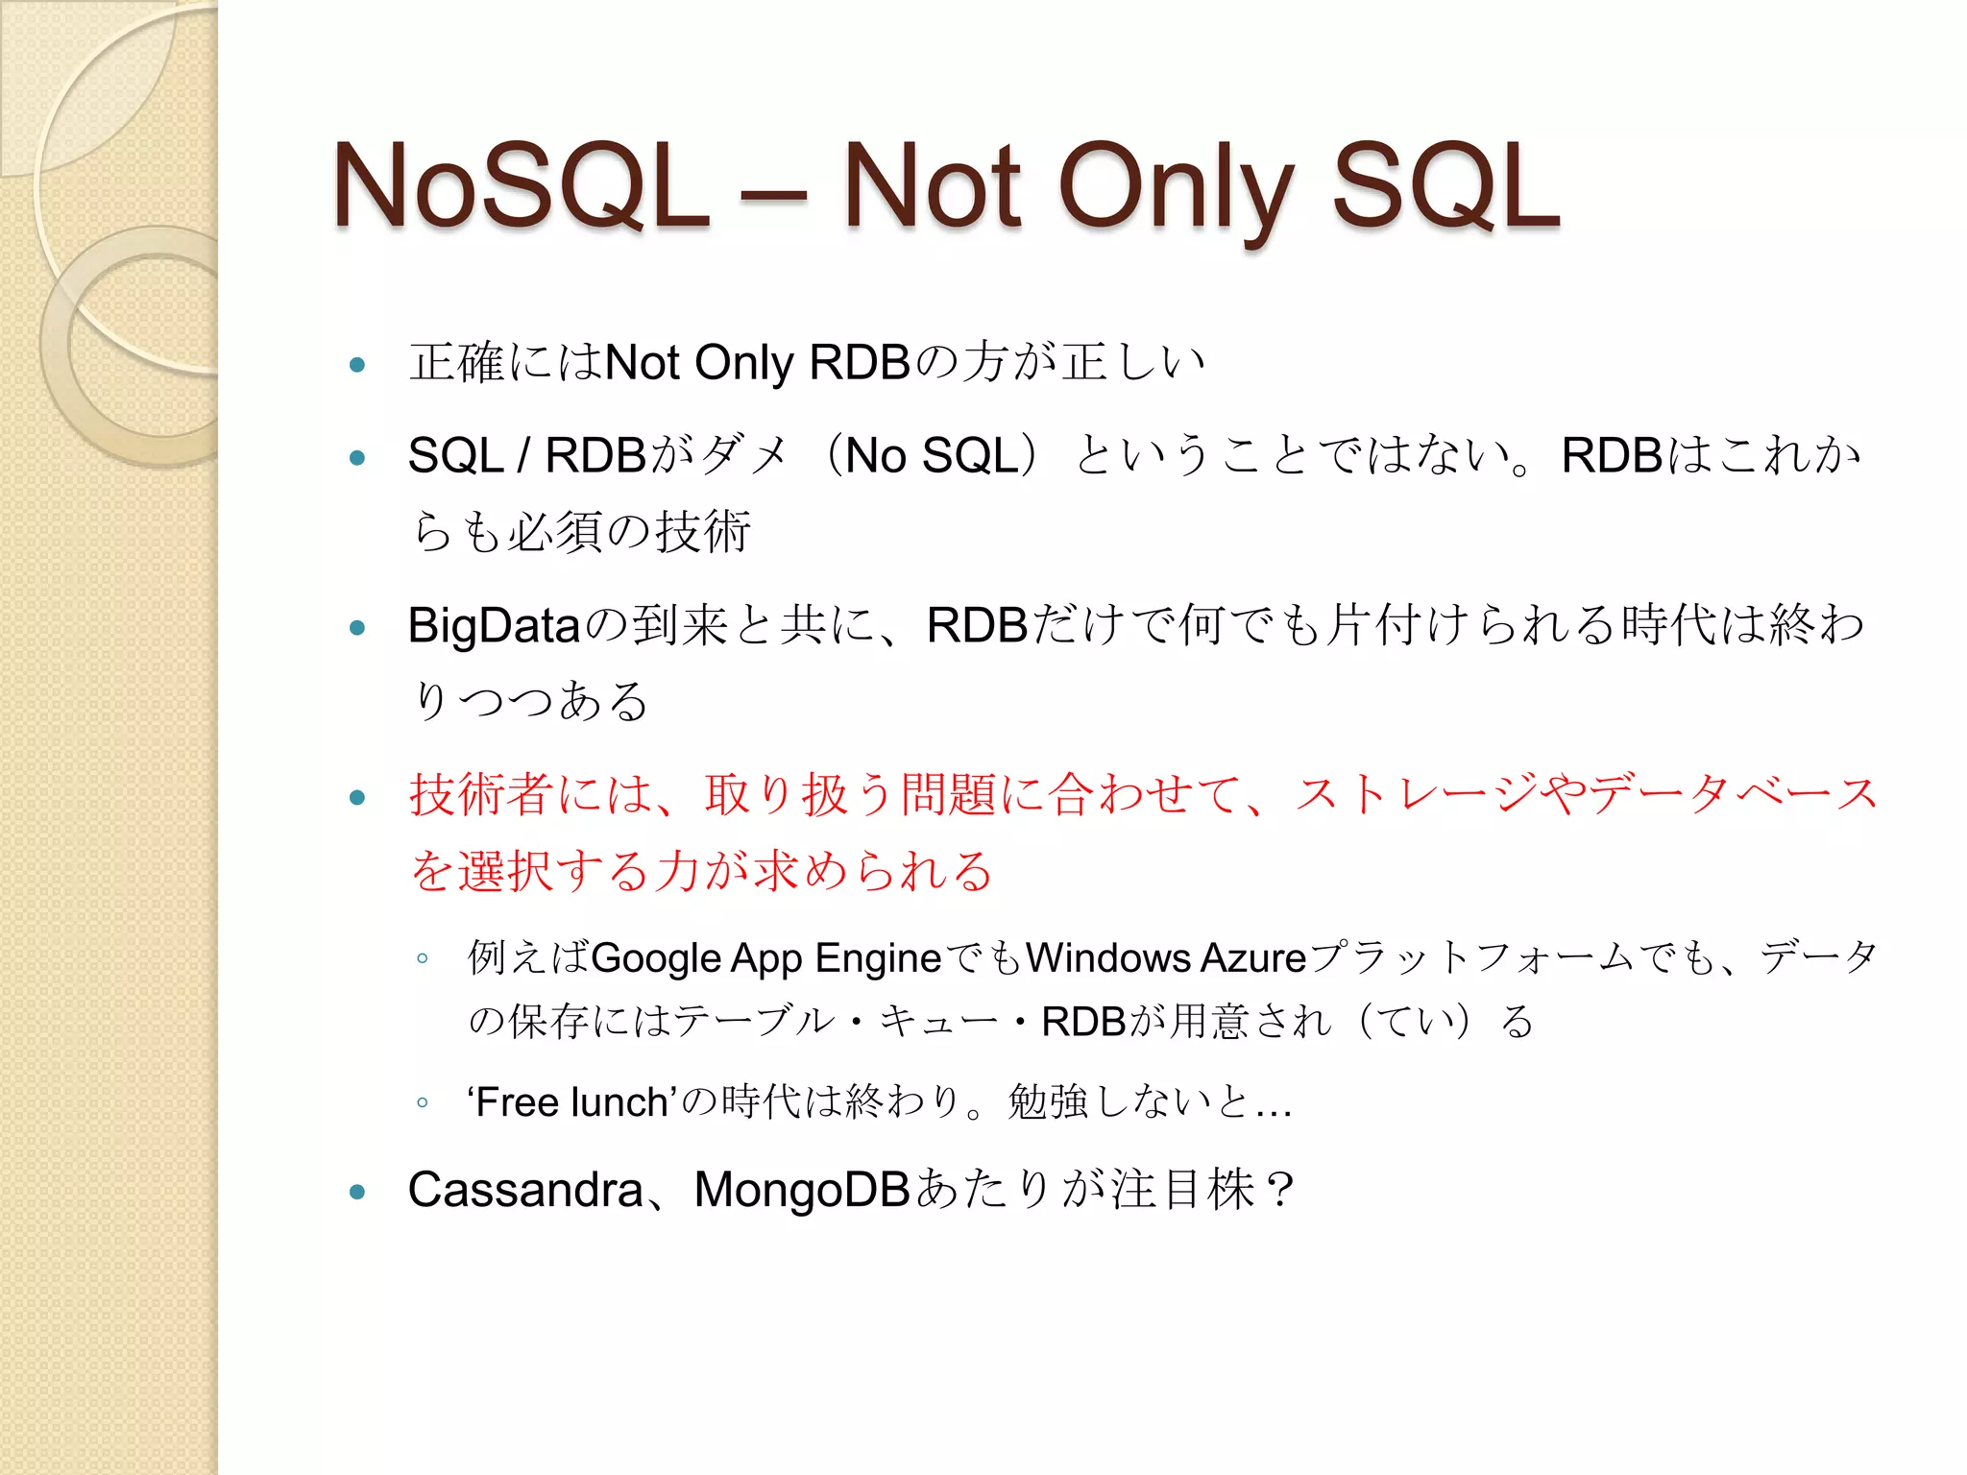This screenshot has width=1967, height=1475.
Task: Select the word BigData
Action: click(494, 626)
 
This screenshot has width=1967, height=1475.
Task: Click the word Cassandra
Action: click(524, 1190)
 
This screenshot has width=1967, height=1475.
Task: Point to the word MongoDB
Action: click(802, 1190)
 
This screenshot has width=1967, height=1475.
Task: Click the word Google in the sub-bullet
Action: click(656, 958)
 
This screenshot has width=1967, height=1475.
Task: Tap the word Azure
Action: click(1253, 958)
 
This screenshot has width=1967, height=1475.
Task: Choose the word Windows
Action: click(1108, 958)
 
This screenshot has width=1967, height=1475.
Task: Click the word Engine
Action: click(878, 958)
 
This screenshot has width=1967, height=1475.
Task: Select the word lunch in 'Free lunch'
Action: click(619, 1102)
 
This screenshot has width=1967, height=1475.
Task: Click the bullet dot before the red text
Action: click(358, 797)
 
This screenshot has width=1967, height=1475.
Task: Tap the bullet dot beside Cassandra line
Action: click(358, 1193)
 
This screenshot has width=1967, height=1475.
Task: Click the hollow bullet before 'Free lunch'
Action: click(422, 1102)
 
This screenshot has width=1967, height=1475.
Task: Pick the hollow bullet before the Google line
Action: click(422, 957)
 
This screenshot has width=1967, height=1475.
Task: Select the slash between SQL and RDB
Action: click(523, 456)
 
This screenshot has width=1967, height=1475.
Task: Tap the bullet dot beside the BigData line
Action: click(358, 628)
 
